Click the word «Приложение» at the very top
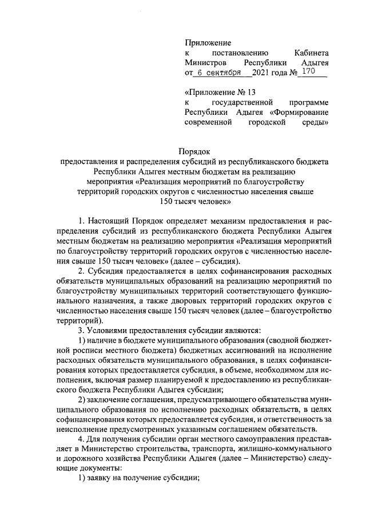click(x=208, y=42)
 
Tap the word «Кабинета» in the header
click(x=309, y=53)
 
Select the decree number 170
click(x=308, y=73)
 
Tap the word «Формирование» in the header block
click(x=302, y=112)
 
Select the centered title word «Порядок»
click(x=194, y=152)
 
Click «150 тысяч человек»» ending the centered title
click(x=194, y=202)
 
